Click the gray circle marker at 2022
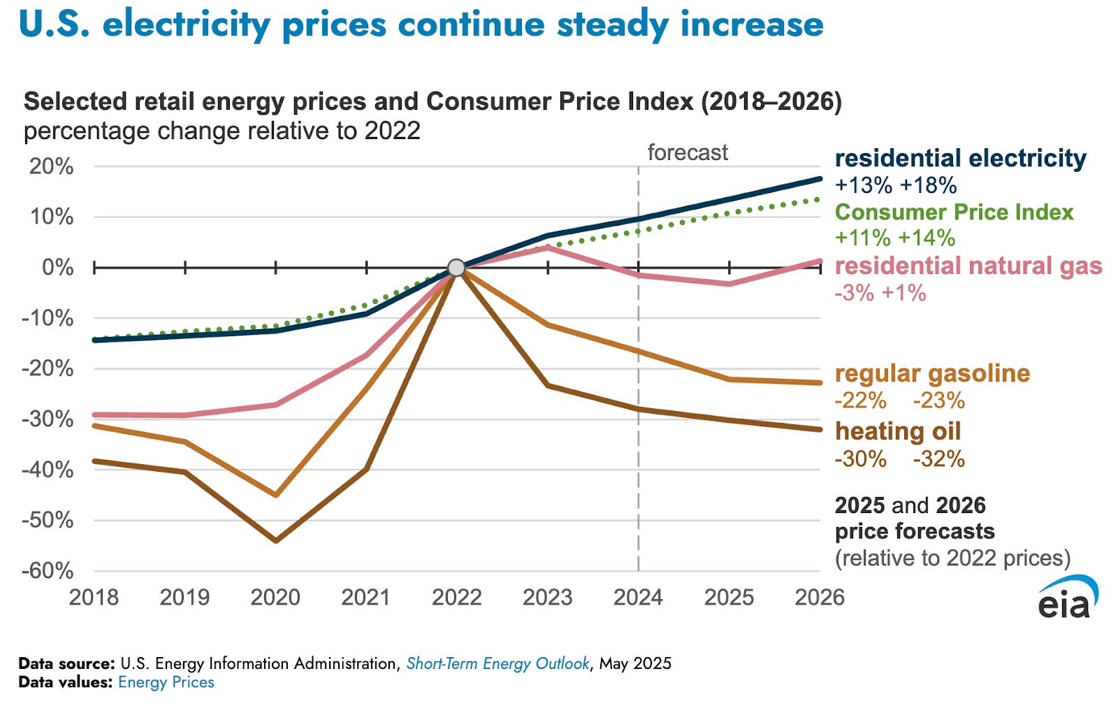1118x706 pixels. tap(456, 268)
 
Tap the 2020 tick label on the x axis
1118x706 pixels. tap(275, 597)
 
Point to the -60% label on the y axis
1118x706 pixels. tap(48, 570)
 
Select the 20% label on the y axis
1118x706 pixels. tap(51, 166)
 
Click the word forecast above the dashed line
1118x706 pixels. tap(688, 152)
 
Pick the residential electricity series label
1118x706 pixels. tap(961, 158)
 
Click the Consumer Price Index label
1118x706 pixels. tap(954, 212)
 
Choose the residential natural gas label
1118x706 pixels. tap(968, 266)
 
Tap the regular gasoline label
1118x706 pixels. tap(932, 373)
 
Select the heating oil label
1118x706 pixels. tap(898, 431)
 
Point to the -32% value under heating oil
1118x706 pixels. tap(938, 459)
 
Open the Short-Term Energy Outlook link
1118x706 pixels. tap(498, 663)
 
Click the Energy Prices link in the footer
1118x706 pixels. tap(166, 682)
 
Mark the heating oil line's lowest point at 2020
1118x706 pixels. tap(276, 540)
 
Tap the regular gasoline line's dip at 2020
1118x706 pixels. tap(276, 495)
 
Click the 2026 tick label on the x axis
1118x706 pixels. tap(820, 597)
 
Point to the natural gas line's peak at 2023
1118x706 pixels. tap(548, 247)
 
